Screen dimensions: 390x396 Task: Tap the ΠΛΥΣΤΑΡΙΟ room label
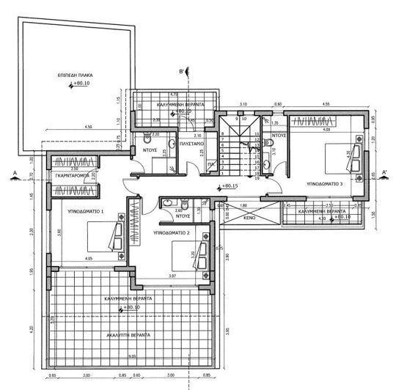192,145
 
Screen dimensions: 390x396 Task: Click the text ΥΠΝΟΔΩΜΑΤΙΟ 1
86,210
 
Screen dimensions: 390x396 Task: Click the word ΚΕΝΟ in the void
249,218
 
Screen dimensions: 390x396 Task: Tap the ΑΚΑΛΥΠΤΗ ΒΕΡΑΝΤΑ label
128,334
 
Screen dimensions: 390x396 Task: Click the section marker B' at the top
187,70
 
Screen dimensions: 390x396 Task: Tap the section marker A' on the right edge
384,174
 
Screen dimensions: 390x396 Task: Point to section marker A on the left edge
15,174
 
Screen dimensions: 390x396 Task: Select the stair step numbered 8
222,134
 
